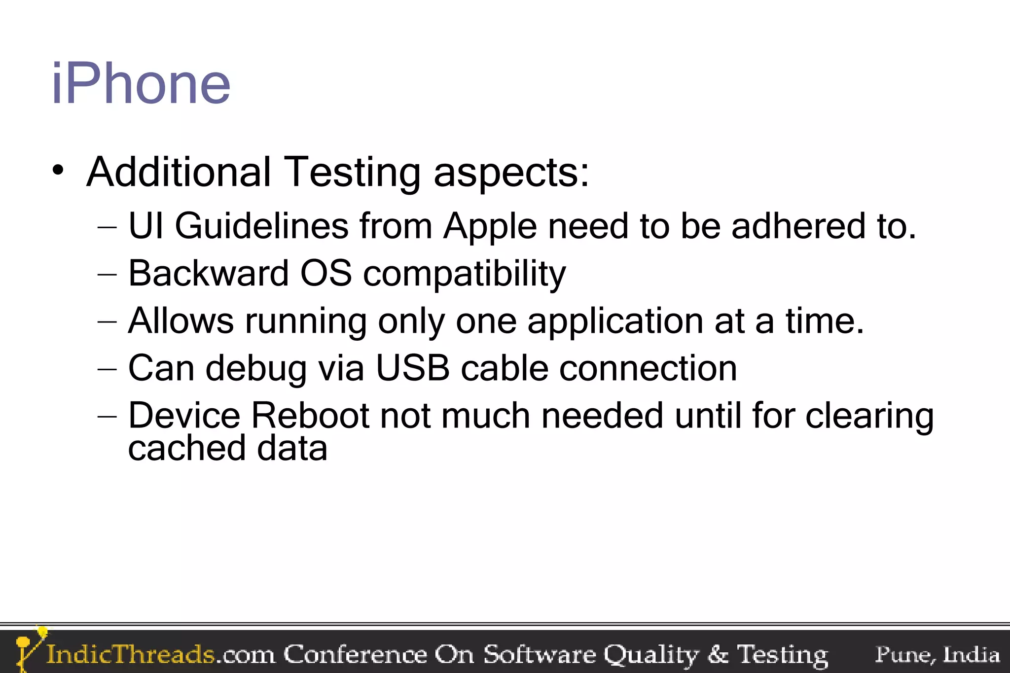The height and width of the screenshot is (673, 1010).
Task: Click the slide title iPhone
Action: (141, 84)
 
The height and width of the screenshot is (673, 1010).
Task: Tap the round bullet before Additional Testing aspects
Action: (58, 171)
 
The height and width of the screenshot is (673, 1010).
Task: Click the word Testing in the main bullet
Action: (352, 173)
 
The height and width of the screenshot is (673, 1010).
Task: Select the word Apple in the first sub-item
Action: (490, 227)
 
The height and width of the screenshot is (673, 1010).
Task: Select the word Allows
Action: (180, 320)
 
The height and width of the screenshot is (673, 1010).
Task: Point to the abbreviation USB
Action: (412, 368)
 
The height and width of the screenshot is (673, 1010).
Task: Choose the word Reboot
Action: (310, 416)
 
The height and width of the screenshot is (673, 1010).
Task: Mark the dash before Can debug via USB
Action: (108, 369)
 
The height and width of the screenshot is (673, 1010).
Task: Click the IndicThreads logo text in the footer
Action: (130, 654)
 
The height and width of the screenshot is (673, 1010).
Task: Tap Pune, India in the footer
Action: (937, 655)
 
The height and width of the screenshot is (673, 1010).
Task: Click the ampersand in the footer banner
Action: (718, 654)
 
